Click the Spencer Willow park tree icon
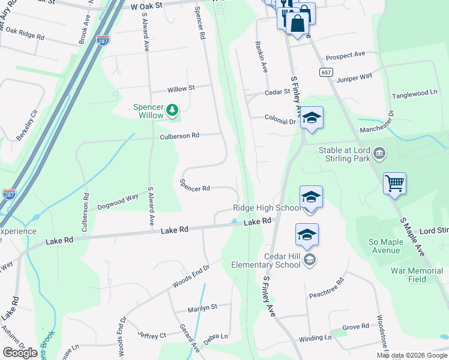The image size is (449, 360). (x=172, y=110)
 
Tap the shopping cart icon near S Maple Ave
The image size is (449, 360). (x=394, y=183)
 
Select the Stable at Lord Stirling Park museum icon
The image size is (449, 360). (x=379, y=154)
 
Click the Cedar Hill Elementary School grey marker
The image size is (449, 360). (x=310, y=259)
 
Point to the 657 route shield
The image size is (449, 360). (x=326, y=72)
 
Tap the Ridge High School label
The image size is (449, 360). (x=267, y=208)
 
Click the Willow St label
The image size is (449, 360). (x=181, y=89)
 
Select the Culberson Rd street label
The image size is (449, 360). (x=179, y=136)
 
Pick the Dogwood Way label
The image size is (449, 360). (x=118, y=197)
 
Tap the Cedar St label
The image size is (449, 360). (x=277, y=92)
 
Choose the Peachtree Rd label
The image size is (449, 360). (x=327, y=287)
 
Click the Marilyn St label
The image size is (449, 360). (x=202, y=306)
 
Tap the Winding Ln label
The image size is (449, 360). (x=315, y=338)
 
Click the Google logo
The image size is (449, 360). (x=20, y=353)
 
